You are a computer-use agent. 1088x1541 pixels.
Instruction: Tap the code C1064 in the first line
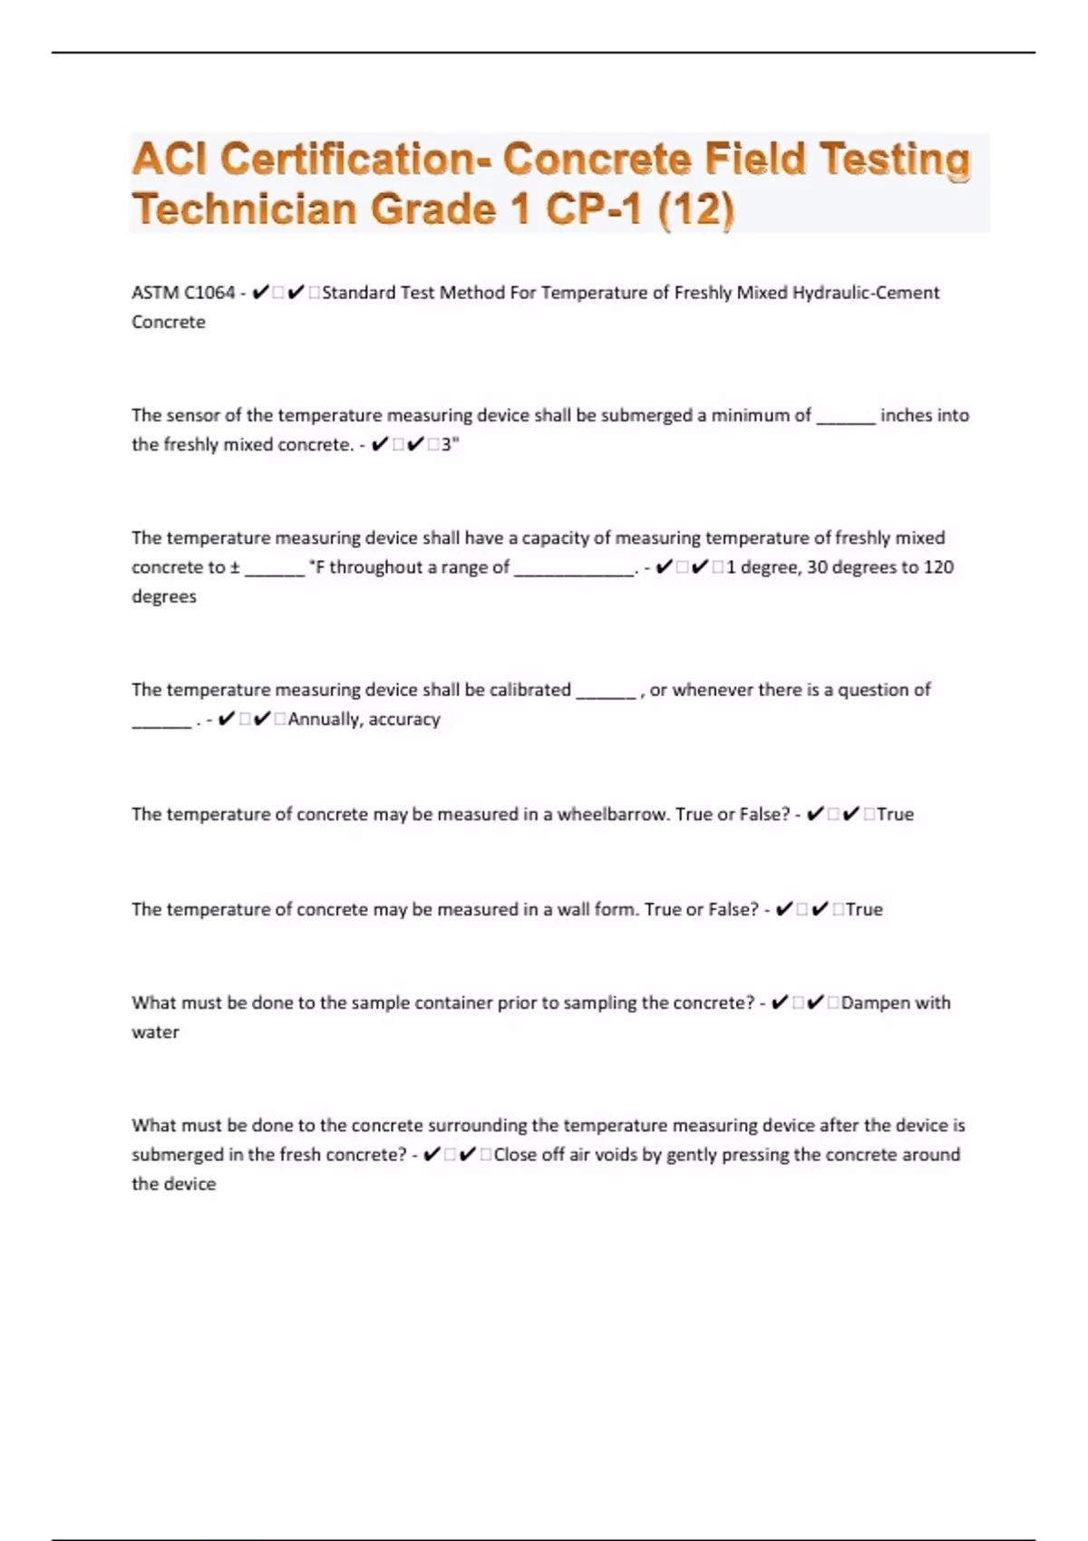[x=209, y=293]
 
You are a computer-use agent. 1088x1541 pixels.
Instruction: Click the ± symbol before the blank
[x=235, y=567]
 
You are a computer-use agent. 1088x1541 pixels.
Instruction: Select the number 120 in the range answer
[x=938, y=567]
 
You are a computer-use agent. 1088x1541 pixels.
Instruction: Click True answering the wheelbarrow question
[x=895, y=814]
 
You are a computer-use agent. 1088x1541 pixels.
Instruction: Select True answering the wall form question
[x=864, y=909]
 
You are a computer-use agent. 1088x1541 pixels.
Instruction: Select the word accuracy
[x=404, y=720]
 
